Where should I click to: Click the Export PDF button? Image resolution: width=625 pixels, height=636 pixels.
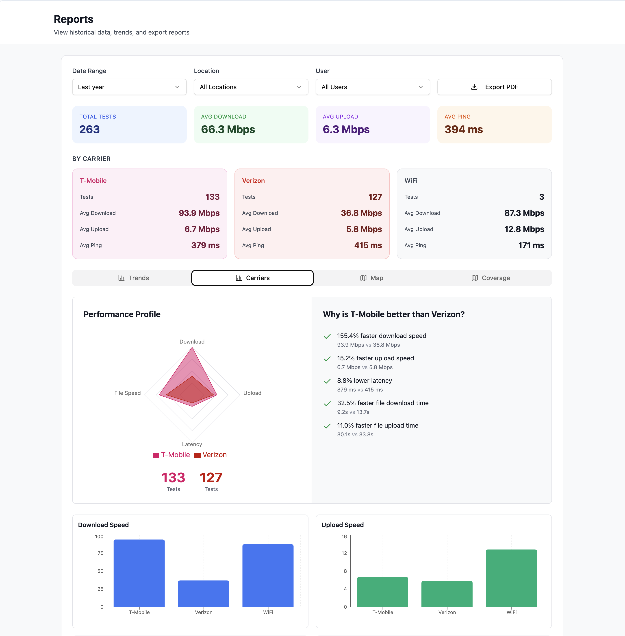494,87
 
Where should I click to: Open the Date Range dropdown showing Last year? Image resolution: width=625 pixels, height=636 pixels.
129,87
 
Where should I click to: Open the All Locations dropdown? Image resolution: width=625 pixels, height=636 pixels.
251,87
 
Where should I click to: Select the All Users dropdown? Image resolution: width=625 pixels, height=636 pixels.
373,87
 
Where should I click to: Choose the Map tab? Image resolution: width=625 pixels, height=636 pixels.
372,278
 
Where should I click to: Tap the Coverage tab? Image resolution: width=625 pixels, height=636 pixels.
491,278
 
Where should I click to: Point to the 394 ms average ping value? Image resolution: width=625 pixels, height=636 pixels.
464,129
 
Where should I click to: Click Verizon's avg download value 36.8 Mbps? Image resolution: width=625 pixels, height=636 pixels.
361,213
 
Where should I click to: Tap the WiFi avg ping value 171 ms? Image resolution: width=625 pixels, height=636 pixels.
531,245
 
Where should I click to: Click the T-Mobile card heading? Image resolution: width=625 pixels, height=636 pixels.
93,180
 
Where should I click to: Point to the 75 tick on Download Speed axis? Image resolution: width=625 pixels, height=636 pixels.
100,553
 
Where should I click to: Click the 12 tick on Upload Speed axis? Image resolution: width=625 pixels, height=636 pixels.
344,553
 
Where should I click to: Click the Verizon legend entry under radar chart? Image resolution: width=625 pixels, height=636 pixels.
211,455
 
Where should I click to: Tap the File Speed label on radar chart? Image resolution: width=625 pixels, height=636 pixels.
127,393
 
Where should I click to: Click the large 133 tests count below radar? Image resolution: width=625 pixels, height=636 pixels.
173,478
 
